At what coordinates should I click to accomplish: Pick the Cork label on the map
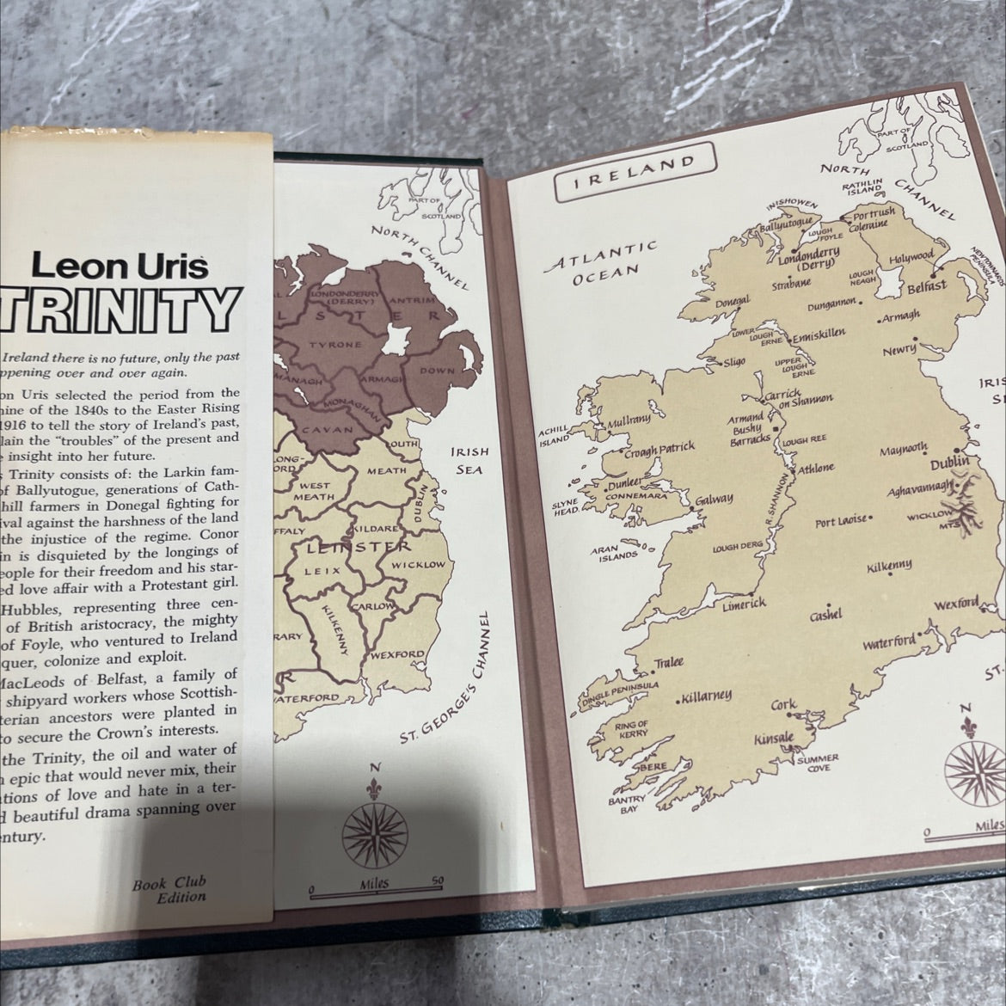click(x=783, y=705)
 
